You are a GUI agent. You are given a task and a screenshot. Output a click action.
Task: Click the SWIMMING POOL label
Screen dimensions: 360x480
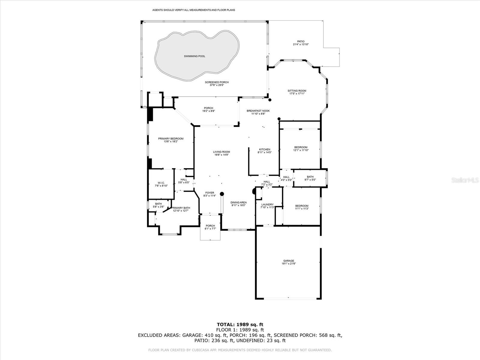[x=195, y=56]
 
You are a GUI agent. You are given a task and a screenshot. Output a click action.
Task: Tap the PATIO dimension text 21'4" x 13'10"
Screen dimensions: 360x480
[x=301, y=44]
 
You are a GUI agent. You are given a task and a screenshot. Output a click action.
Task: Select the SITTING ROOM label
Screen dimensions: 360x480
[x=297, y=91]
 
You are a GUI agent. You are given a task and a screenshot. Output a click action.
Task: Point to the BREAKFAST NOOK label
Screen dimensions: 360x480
[x=258, y=111]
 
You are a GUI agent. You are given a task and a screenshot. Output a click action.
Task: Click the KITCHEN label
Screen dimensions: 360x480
[x=264, y=149]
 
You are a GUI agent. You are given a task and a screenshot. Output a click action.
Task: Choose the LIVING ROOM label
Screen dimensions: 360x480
[x=221, y=152]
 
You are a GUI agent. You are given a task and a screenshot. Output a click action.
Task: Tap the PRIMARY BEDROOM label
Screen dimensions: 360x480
[x=171, y=139]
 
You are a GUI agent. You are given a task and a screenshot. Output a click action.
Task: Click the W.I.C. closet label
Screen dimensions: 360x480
[x=161, y=183]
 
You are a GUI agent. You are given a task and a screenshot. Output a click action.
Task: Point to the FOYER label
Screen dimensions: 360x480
[x=210, y=193]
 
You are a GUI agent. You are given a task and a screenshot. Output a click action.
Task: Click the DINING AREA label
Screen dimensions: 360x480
[x=238, y=202]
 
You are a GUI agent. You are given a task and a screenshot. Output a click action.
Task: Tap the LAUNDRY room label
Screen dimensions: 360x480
[x=267, y=205]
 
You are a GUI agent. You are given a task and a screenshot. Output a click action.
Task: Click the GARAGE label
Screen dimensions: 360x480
[x=289, y=261]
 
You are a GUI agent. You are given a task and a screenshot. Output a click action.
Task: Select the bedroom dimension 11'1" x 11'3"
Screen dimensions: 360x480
[x=301, y=209]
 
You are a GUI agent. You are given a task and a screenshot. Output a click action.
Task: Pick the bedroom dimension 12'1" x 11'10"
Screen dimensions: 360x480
[x=301, y=150]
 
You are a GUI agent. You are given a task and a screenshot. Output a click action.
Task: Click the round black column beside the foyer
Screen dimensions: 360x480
[x=222, y=194]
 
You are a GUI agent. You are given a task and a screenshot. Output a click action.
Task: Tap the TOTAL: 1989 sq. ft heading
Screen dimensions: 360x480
[x=240, y=324]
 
